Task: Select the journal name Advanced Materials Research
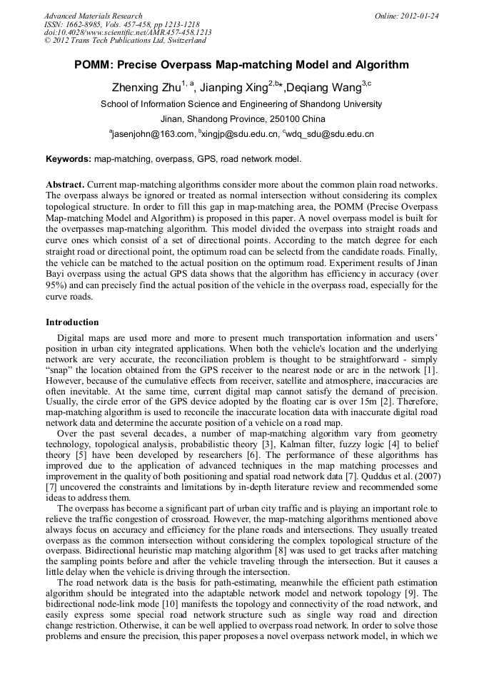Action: point(93,16)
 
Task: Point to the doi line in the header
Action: point(128,33)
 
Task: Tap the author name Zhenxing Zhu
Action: point(146,88)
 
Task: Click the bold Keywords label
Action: point(69,159)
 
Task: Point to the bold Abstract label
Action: point(66,184)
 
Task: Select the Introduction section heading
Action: point(72,322)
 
